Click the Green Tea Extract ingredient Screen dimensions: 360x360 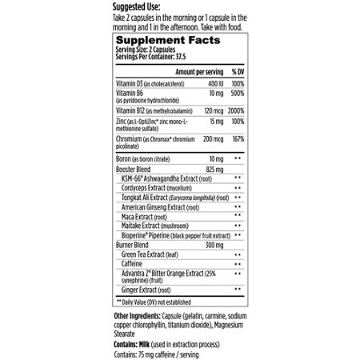click(156, 254)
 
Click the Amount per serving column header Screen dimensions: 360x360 click(189, 70)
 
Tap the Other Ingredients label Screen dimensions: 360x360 click(141, 316)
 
